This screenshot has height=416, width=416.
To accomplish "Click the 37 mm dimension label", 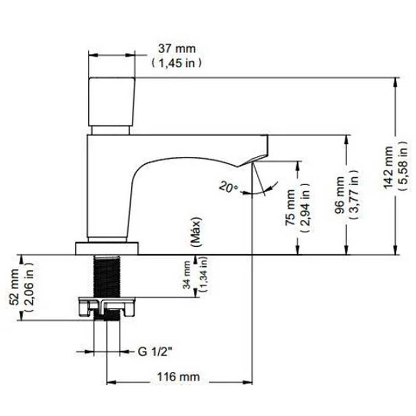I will (x=177, y=48).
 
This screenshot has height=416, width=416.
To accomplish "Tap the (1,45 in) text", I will (x=177, y=62).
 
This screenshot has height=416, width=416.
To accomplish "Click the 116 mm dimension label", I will (x=178, y=377).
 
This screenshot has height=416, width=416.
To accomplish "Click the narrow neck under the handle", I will (x=112, y=130).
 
